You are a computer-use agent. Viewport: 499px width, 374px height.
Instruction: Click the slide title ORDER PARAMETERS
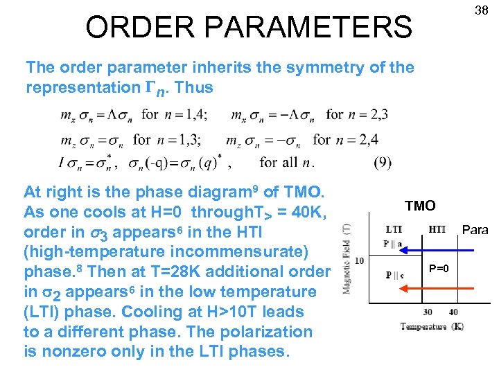click(248, 27)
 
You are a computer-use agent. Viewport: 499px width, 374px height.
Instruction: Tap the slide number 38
click(480, 10)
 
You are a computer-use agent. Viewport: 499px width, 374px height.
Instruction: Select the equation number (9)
click(382, 163)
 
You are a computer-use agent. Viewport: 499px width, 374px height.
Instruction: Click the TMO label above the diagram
click(420, 206)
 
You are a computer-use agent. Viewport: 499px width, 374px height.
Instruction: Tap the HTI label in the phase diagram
click(437, 229)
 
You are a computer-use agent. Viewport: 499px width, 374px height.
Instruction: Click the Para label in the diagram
click(475, 230)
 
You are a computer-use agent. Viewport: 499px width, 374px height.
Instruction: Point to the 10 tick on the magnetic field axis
click(359, 260)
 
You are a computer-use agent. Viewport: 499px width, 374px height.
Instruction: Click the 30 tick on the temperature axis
click(428, 312)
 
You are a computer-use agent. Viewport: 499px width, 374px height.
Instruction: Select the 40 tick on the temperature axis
click(453, 312)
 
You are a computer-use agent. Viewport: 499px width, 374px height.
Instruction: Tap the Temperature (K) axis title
click(432, 326)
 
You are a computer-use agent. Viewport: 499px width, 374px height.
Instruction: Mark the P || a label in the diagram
click(392, 243)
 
